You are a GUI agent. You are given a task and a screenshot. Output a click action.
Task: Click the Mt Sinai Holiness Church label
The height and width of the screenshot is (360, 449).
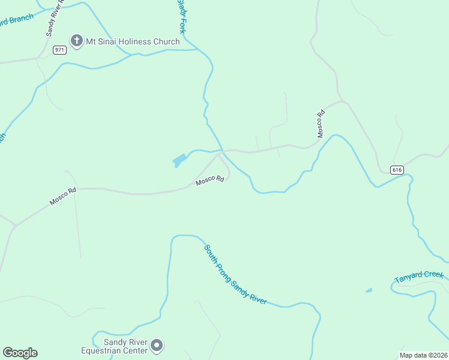click(133, 41)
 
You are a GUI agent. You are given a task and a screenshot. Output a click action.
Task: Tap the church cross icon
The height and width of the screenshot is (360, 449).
click(76, 41)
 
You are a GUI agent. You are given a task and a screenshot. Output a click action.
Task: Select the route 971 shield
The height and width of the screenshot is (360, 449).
click(59, 50)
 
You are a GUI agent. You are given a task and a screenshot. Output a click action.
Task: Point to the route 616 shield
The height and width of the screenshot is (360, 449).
click(397, 170)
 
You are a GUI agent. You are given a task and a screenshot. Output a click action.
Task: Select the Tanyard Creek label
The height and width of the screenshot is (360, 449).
click(419, 277)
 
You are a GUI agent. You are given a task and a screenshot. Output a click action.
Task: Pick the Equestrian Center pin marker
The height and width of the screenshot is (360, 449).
click(157, 345)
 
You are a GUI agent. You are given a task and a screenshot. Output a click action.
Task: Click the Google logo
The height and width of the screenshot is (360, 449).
click(20, 353)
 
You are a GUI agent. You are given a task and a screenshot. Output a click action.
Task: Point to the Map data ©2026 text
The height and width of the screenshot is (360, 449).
click(423, 355)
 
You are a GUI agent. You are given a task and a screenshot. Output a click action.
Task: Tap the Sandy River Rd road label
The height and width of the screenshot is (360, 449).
click(53, 21)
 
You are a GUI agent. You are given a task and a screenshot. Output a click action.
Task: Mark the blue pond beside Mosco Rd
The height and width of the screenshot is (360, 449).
click(179, 161)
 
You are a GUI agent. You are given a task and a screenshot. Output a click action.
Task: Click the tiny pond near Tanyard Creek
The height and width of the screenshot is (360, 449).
click(369, 290)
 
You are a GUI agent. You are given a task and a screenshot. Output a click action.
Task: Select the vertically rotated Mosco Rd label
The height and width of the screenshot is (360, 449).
click(321, 124)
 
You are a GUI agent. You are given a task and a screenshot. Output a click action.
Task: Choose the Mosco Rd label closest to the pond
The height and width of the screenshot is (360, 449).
click(209, 179)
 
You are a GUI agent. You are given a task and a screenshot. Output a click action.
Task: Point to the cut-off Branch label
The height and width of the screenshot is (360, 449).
click(16, 20)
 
